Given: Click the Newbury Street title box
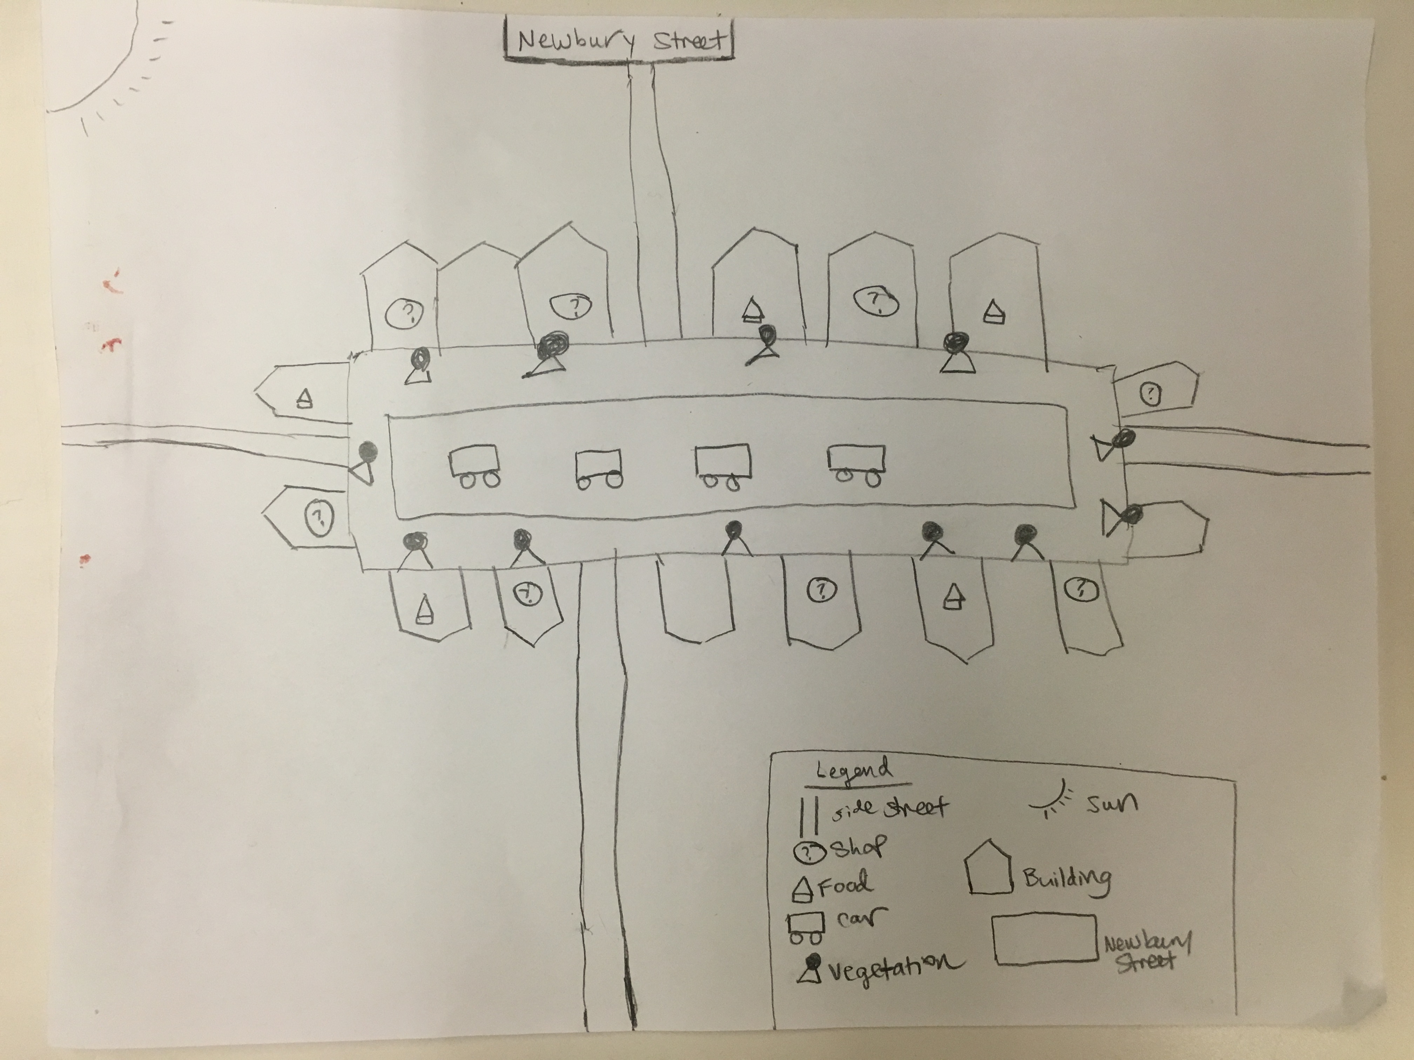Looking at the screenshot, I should coord(619,40).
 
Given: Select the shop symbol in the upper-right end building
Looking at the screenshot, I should coord(1151,394).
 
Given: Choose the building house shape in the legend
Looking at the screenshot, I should coord(988,868).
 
